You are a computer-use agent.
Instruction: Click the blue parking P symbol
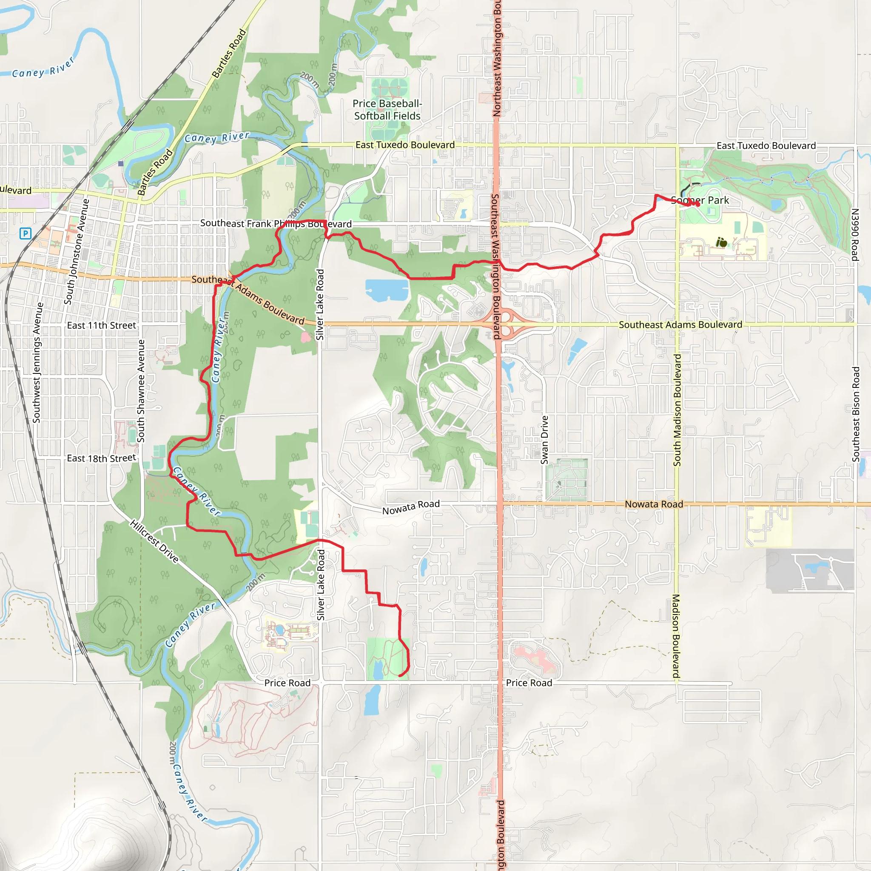click(x=26, y=233)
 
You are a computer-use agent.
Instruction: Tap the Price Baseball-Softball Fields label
click(x=387, y=110)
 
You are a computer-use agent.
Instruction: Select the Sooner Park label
click(x=700, y=200)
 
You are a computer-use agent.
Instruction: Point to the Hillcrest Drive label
click(x=154, y=541)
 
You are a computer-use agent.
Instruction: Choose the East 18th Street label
click(x=102, y=458)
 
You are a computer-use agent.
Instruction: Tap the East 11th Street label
click(x=102, y=325)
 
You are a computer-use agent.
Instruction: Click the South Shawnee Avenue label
click(x=141, y=391)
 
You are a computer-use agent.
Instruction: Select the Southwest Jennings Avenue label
click(x=37, y=362)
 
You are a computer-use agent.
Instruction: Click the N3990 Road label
click(x=855, y=234)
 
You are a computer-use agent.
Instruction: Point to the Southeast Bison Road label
click(x=856, y=414)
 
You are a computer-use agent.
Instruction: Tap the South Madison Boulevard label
click(x=677, y=410)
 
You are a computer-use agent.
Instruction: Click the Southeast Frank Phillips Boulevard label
click(x=276, y=224)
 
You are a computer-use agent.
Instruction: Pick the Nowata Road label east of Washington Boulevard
click(x=654, y=504)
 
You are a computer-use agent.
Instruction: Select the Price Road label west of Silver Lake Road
click(x=287, y=683)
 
